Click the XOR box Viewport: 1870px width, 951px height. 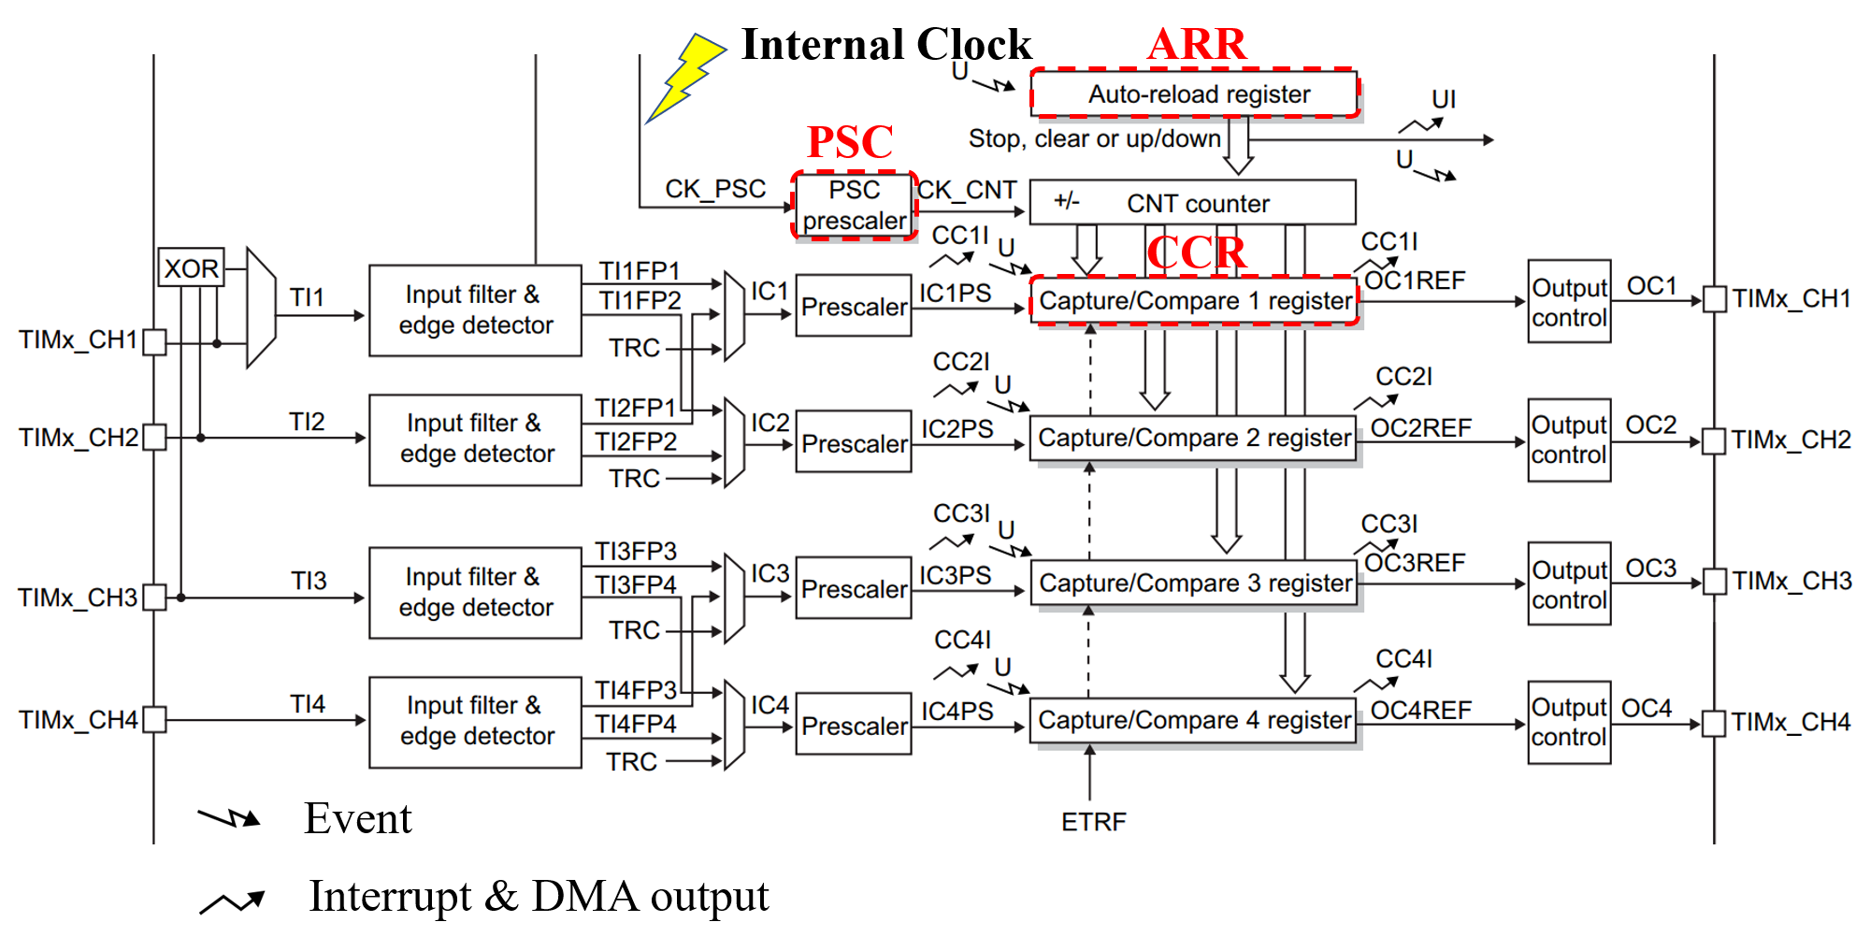[x=191, y=268]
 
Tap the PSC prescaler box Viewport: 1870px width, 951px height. [x=854, y=205]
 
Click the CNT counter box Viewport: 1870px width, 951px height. [x=1192, y=203]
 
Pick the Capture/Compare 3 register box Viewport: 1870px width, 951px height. [x=1194, y=584]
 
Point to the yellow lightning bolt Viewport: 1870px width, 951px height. [x=685, y=77]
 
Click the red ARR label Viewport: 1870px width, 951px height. [x=1197, y=44]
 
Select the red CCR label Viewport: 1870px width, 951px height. [x=1196, y=252]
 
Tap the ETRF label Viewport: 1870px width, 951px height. [x=1093, y=822]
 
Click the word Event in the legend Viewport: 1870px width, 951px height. [x=357, y=819]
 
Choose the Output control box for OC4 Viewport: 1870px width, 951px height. [x=1569, y=723]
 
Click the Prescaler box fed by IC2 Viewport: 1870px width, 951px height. [x=854, y=443]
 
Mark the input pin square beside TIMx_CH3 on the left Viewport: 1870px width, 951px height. [x=155, y=597]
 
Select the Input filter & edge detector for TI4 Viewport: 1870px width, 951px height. [x=476, y=721]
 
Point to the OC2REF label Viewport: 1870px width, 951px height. [x=1420, y=428]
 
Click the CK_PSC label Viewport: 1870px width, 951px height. [x=715, y=189]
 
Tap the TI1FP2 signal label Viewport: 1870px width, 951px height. [x=640, y=301]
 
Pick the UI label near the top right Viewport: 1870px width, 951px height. [x=1444, y=99]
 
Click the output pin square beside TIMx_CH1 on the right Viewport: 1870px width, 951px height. [x=1714, y=299]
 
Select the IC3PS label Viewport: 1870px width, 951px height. [x=955, y=575]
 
